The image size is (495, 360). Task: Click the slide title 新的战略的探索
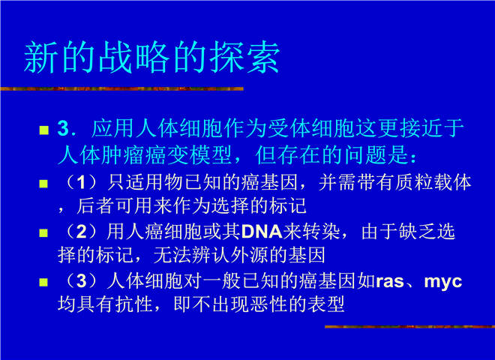coord(151,58)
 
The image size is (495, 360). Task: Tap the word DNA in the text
coord(262,232)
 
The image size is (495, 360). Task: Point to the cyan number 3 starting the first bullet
coord(64,128)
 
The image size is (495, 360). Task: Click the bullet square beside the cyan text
coord(44,130)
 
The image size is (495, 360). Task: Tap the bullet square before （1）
coord(43,184)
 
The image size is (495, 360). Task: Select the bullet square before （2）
coord(43,233)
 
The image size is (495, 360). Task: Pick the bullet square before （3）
coord(43,282)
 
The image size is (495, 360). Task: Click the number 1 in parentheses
coord(81,182)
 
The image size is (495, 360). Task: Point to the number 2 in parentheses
coord(81,232)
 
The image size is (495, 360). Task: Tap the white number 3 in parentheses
coord(81,281)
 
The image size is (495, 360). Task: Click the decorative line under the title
coord(121,88)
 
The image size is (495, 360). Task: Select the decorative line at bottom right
coord(409,326)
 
